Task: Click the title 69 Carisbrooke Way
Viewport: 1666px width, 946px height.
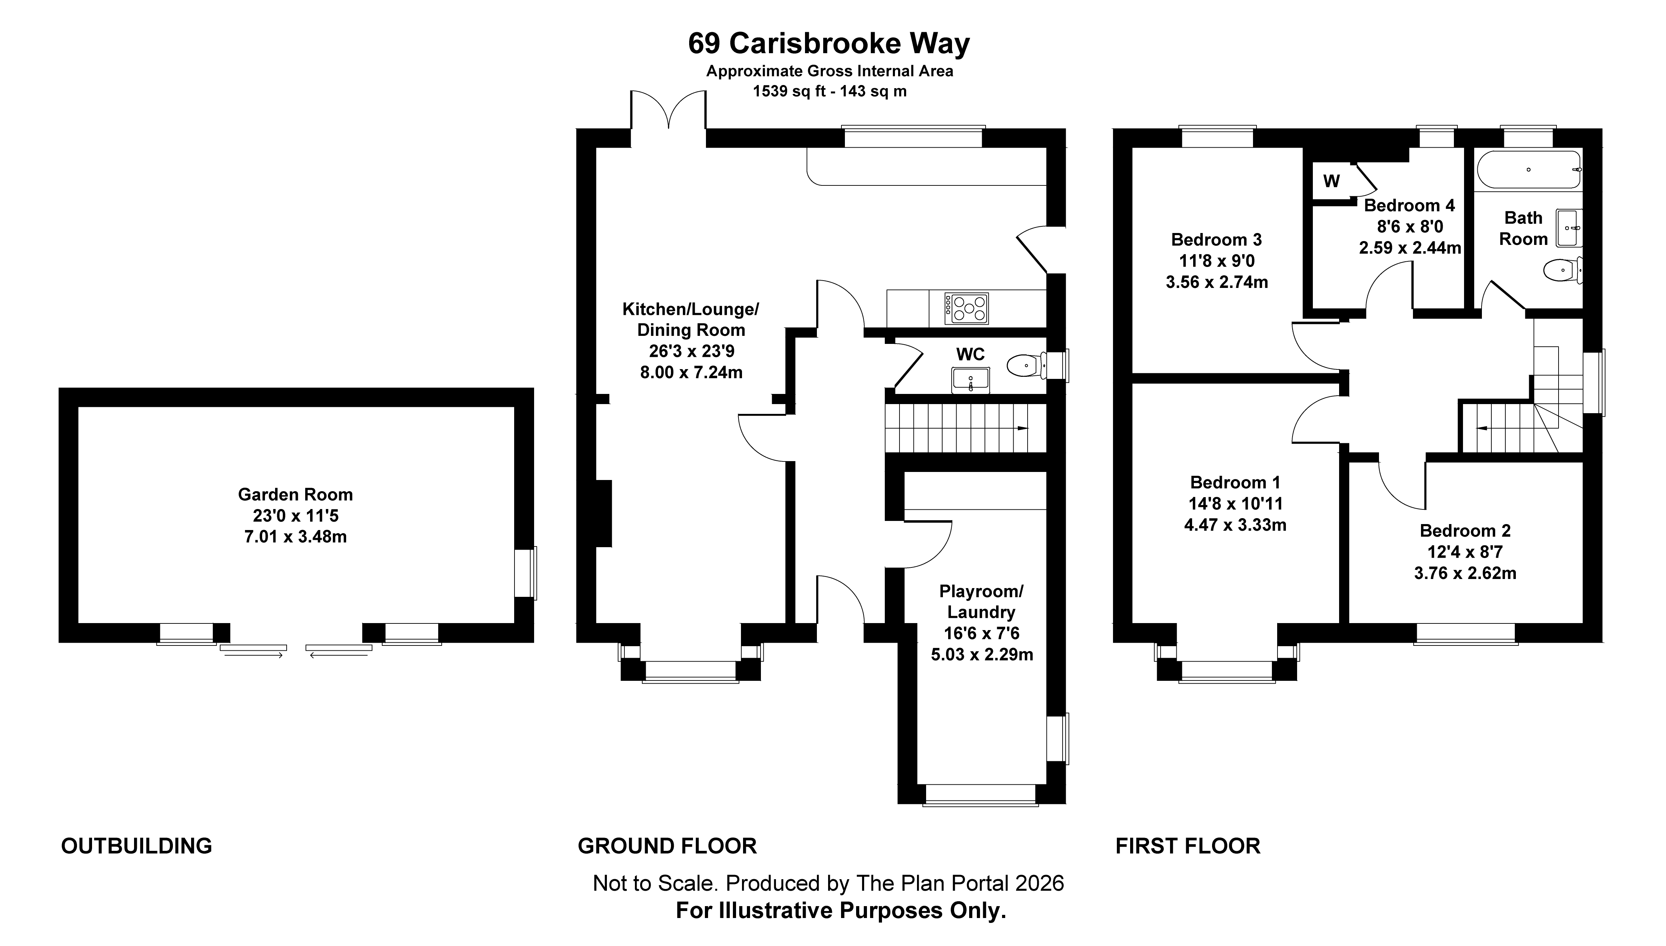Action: pyautogui.click(x=829, y=43)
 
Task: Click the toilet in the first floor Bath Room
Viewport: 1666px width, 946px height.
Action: pyautogui.click(x=1561, y=270)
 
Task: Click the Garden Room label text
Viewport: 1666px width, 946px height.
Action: pyautogui.click(x=295, y=494)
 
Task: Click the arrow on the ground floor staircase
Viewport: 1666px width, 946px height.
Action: pyautogui.click(x=1022, y=428)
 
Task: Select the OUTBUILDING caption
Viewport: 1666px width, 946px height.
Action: pyautogui.click(x=136, y=846)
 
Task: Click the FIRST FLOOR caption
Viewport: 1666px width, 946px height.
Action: pyautogui.click(x=1188, y=846)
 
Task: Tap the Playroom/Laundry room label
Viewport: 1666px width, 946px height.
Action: pyautogui.click(x=981, y=602)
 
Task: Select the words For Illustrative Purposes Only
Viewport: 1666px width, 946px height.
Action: pyautogui.click(x=840, y=911)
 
